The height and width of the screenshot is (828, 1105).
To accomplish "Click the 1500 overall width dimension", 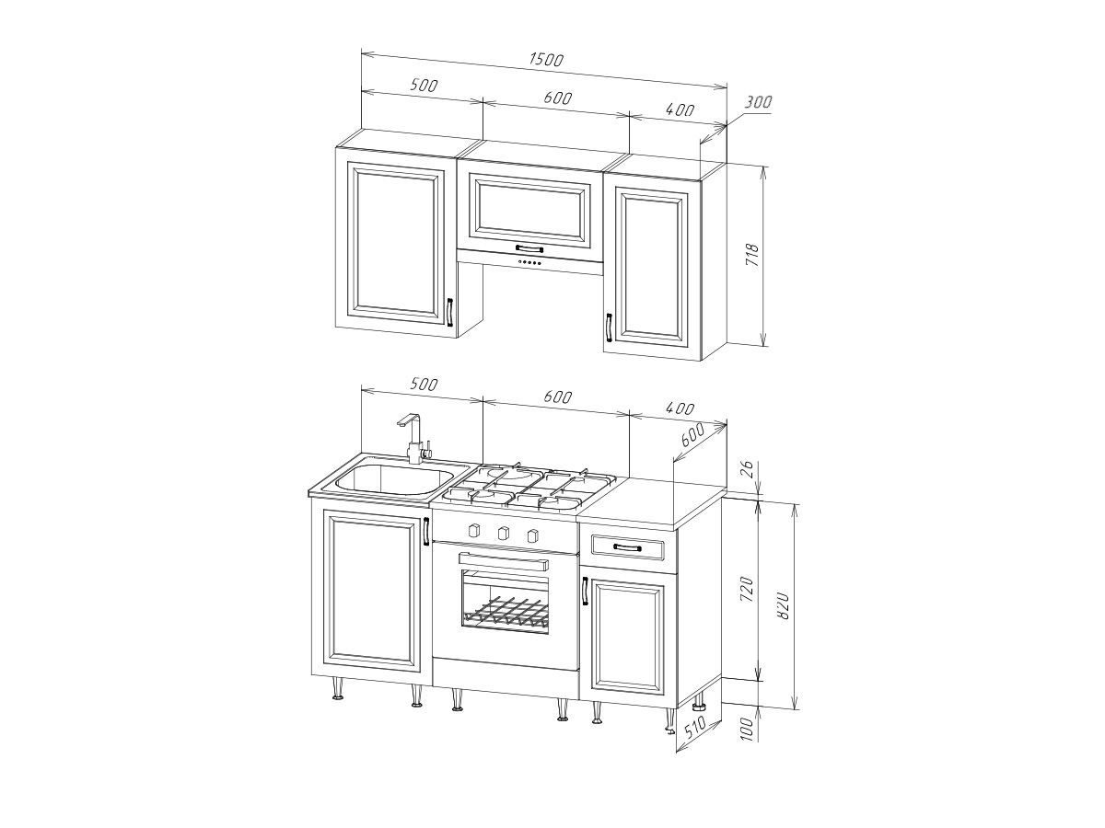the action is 546,60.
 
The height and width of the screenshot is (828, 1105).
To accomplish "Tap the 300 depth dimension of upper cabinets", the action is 758,102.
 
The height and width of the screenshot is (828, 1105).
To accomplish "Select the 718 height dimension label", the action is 751,255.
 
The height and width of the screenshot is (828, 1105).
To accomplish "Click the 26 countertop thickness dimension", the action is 749,469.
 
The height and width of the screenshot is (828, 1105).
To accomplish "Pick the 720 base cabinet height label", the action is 748,590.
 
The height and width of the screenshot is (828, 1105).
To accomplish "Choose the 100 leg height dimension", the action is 749,730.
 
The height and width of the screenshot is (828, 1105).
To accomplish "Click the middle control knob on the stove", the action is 502,533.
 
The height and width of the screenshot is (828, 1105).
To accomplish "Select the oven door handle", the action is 504,561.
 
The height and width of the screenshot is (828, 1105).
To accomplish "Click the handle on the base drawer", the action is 627,547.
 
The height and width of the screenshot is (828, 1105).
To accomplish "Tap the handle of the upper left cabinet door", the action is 98,312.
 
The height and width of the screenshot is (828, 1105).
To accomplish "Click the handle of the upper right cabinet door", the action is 610,328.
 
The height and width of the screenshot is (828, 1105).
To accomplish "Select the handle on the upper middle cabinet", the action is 529,248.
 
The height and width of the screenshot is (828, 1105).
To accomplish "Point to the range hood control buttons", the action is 530,263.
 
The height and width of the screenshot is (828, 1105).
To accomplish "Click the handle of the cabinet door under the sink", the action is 426,531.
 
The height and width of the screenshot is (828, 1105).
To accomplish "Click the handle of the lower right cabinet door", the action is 585,591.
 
